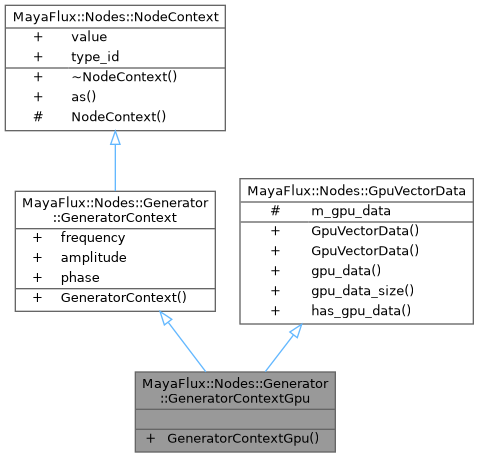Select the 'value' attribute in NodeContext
point(88,35)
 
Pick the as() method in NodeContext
point(84,97)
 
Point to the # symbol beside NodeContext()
point(38,116)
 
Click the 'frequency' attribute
point(92,238)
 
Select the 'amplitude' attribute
point(92,257)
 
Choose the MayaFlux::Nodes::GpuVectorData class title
point(356,190)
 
